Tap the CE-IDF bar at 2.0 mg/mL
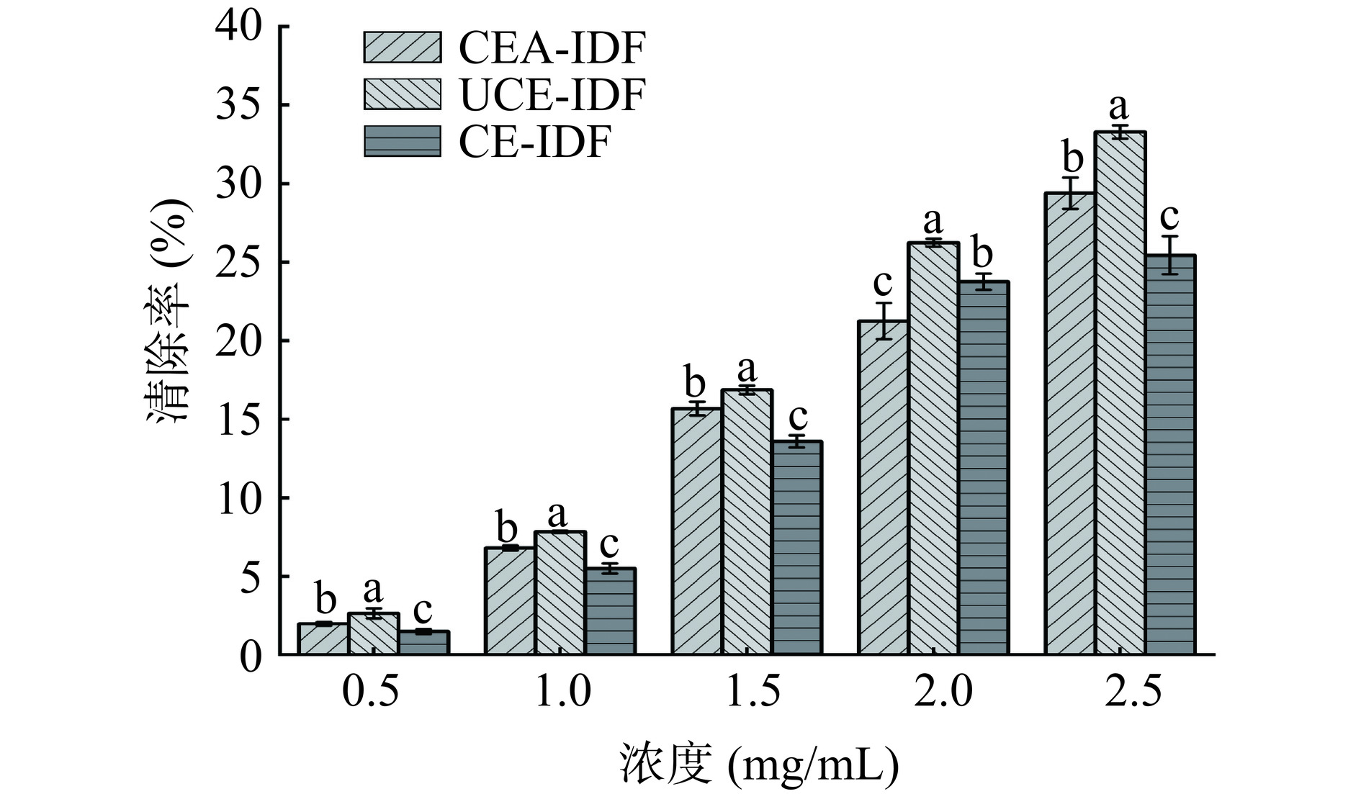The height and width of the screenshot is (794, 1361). tap(983, 468)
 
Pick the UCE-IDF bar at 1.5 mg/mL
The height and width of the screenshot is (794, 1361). tap(747, 522)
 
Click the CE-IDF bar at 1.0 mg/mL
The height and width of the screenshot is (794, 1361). tap(610, 611)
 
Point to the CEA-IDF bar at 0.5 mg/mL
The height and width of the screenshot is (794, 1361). tap(323, 639)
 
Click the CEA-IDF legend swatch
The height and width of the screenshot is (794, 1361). tap(402, 48)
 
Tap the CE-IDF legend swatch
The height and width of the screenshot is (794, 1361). tap(402, 141)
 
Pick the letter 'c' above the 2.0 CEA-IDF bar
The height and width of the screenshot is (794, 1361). tap(883, 283)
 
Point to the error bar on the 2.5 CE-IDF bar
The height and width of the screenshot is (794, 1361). tap(1170, 255)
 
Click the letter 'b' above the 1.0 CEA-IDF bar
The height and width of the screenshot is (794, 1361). tap(507, 528)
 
